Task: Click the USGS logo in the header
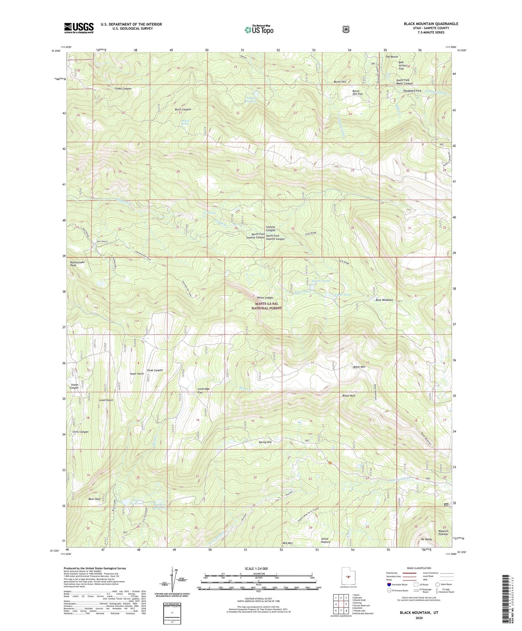pyautogui.click(x=79, y=28)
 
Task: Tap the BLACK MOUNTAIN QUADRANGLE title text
pyautogui.click(x=431, y=24)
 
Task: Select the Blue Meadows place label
pyautogui.click(x=384, y=300)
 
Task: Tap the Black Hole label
pyautogui.click(x=349, y=396)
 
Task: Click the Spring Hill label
pyautogui.click(x=265, y=442)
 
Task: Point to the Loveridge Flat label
pyautogui.click(x=203, y=391)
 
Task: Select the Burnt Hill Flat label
pyautogui.click(x=357, y=93)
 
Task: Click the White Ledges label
pyautogui.click(x=265, y=298)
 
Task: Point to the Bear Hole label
pyautogui.click(x=95, y=499)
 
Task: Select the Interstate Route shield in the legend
pyautogui.click(x=389, y=584)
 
